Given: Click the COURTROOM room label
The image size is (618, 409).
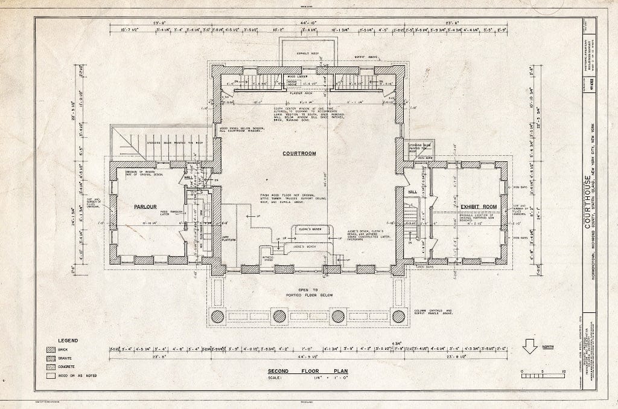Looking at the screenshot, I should pos(299,153).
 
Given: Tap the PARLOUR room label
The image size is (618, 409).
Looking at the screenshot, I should pos(145,206).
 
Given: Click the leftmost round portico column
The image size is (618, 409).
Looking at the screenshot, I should pos(218,316).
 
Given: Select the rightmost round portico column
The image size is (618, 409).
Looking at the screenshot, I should pos(398,316).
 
